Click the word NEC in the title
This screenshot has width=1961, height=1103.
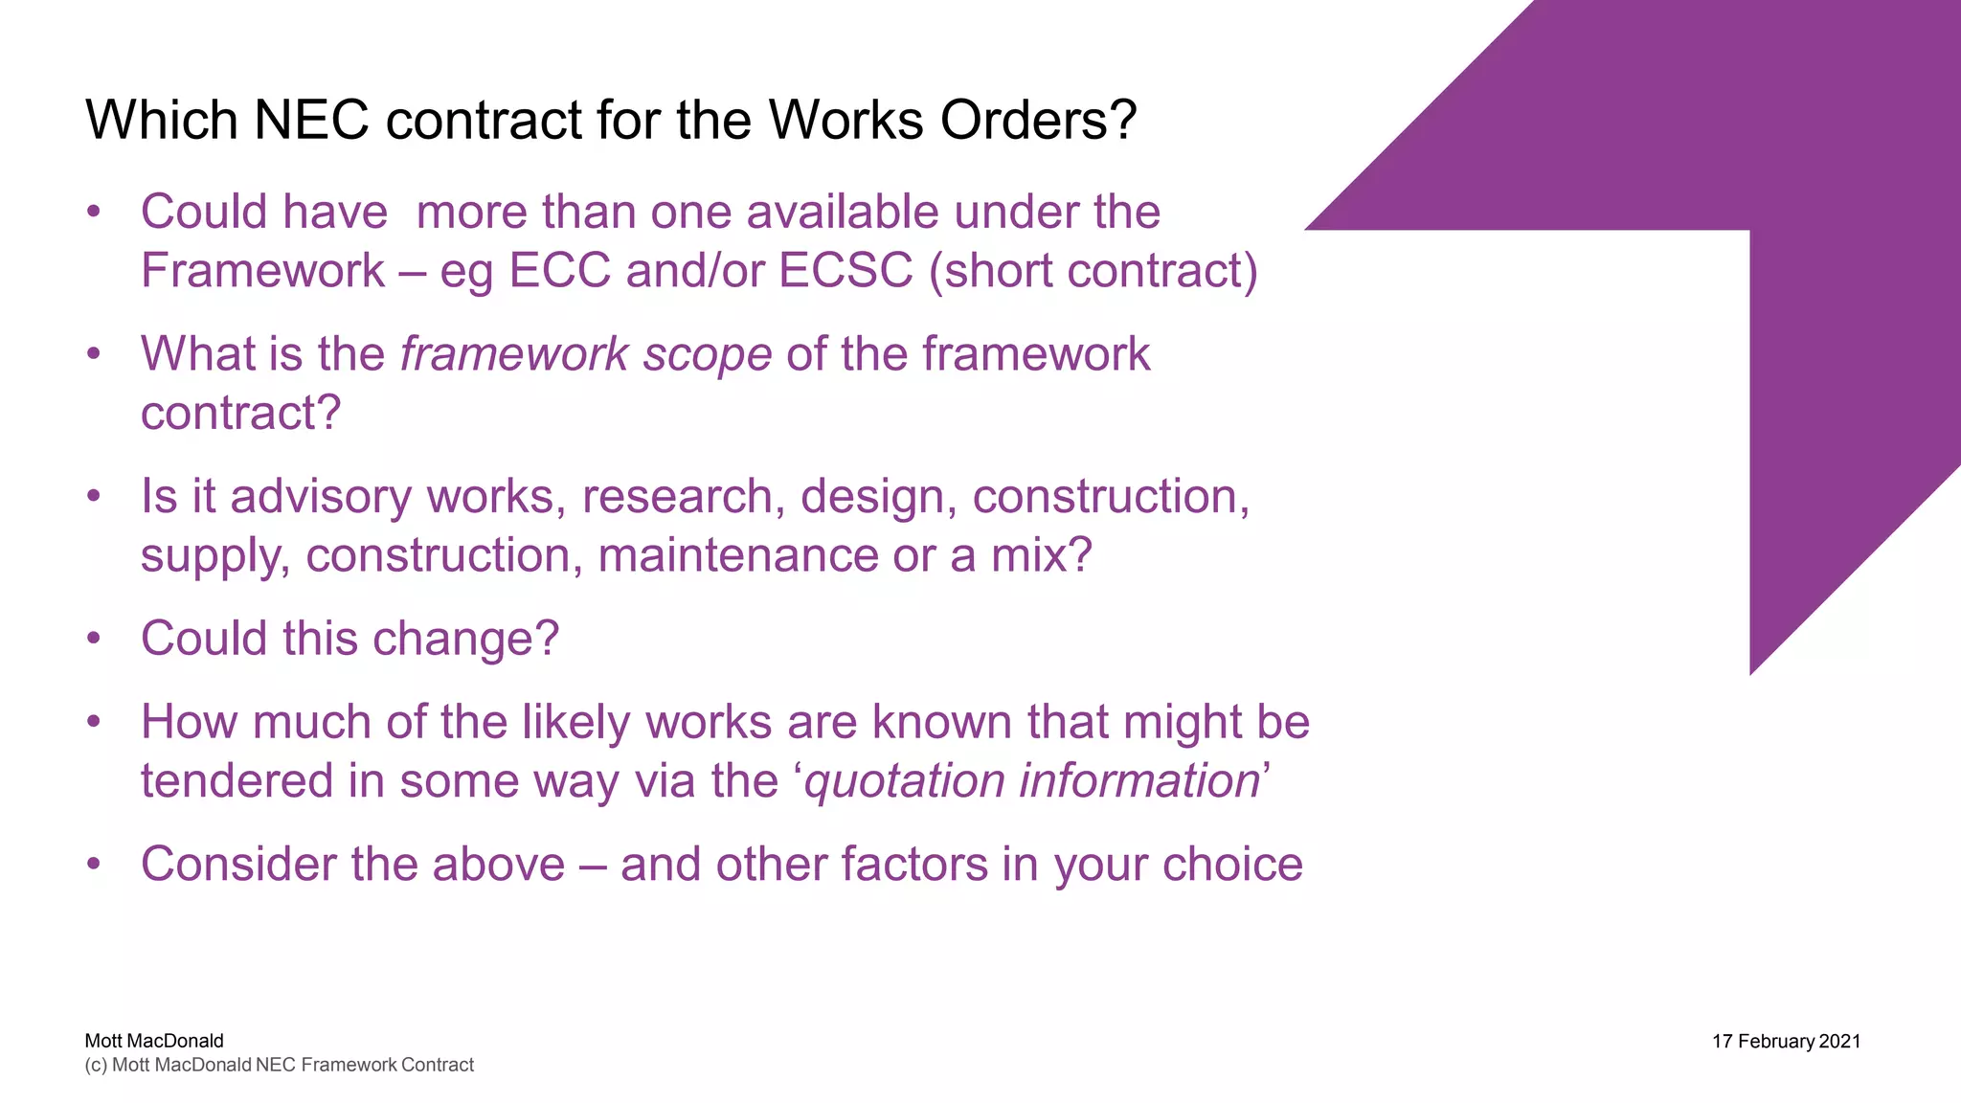(x=311, y=121)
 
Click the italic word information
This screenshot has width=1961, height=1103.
(x=1138, y=780)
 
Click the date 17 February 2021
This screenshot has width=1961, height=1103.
(x=1786, y=1042)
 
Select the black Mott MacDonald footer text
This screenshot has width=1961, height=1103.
(x=154, y=1041)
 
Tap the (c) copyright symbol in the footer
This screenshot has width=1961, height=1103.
(x=96, y=1066)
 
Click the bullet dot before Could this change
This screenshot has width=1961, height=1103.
(x=93, y=639)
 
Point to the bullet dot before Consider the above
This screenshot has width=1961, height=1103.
(x=93, y=865)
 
